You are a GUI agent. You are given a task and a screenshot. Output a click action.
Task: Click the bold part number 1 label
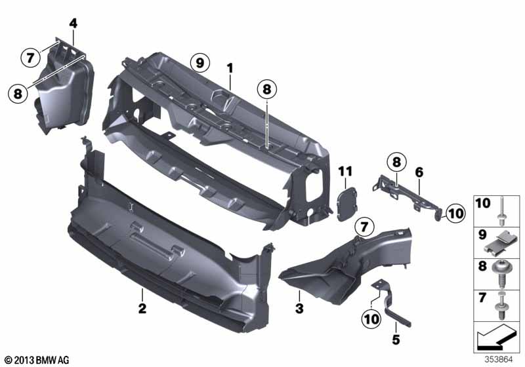(x=230, y=69)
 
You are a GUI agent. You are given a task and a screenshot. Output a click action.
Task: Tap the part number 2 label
(x=142, y=308)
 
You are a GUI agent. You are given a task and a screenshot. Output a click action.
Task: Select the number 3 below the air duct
(x=299, y=309)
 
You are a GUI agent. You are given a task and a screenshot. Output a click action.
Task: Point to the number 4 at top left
(x=73, y=24)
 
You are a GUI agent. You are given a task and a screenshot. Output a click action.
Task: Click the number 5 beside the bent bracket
(x=396, y=340)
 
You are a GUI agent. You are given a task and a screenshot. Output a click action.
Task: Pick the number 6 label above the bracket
(x=419, y=172)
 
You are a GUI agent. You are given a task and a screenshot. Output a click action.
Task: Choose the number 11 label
(x=345, y=172)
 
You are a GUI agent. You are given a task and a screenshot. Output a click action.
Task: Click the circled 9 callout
(x=200, y=62)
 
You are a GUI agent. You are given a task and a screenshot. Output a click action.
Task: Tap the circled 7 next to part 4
(x=30, y=58)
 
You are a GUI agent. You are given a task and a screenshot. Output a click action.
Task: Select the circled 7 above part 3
(x=364, y=227)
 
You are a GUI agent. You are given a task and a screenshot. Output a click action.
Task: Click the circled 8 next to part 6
(x=396, y=163)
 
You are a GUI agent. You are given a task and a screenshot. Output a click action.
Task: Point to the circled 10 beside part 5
(x=371, y=319)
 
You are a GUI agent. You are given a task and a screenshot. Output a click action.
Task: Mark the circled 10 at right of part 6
(x=455, y=213)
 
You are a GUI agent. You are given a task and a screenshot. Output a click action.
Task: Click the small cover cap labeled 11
(x=347, y=204)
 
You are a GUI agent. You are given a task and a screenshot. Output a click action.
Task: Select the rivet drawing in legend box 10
(x=501, y=211)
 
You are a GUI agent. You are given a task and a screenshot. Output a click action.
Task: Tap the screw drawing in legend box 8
(x=501, y=275)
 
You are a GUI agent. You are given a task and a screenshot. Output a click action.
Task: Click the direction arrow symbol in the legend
(x=495, y=336)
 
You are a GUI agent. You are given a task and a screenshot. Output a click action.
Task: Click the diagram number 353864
(x=499, y=360)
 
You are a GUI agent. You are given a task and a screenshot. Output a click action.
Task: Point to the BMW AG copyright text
(x=37, y=360)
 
